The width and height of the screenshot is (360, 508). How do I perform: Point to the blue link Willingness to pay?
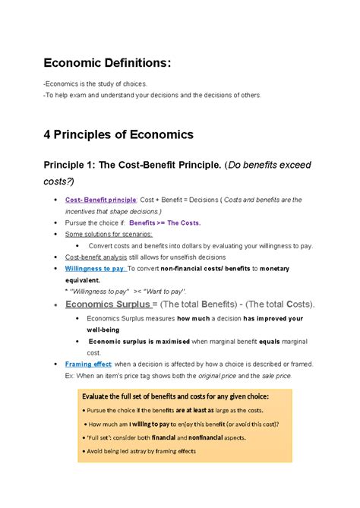click(95, 268)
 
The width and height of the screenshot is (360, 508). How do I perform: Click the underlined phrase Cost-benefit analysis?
click(93, 257)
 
